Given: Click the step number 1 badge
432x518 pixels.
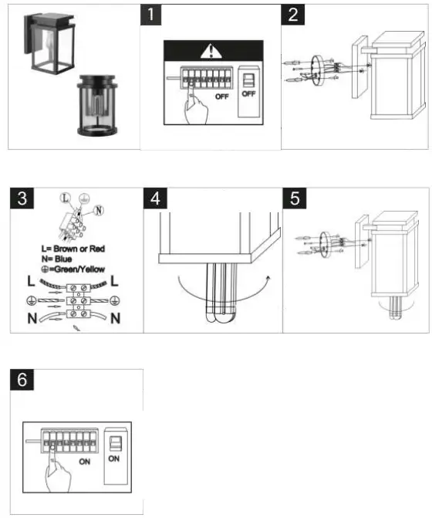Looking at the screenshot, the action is [x=151, y=15].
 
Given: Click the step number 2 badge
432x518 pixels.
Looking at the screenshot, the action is [x=292, y=15].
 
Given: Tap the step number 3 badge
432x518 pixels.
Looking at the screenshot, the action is [x=22, y=198].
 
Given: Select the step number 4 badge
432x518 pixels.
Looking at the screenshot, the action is [x=155, y=198].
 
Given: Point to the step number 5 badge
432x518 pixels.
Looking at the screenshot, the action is [x=295, y=198].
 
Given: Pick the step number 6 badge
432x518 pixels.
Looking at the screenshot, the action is [x=22, y=379].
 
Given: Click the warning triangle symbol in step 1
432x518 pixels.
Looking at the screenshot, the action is [x=211, y=52].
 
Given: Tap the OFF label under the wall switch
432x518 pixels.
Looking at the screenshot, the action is [x=248, y=94].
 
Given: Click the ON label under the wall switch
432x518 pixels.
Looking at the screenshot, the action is [x=114, y=459].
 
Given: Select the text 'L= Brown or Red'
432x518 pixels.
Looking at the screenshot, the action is [x=73, y=249].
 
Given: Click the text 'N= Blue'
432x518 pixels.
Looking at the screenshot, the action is [x=57, y=259].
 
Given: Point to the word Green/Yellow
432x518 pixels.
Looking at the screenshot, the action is [x=79, y=269].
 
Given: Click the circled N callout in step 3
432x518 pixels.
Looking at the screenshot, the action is [x=99, y=210].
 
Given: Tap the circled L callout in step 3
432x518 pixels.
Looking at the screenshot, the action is [x=66, y=198].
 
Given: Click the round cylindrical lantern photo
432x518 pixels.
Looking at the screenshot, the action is [x=97, y=106].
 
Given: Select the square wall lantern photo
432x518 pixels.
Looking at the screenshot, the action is [x=49, y=44].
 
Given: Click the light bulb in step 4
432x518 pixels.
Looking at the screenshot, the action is [x=221, y=293].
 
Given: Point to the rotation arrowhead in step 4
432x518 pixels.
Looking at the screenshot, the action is [x=268, y=278].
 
